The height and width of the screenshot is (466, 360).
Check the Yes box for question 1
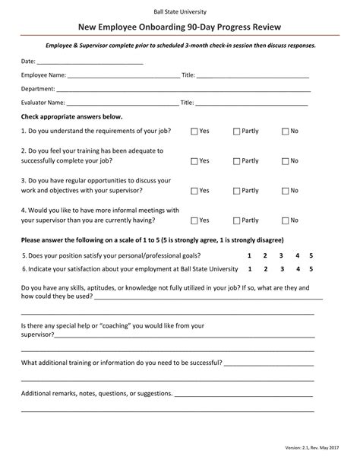194,132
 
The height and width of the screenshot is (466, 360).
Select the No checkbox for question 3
286,191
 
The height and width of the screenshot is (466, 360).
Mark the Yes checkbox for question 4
194,220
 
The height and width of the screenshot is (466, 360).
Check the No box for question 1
286,132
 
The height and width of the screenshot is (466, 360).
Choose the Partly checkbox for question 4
236,220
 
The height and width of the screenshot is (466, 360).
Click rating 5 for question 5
311,255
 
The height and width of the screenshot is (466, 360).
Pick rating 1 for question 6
250,268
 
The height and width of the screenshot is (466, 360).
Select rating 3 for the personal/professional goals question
281,255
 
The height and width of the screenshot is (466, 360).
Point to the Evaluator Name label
43,103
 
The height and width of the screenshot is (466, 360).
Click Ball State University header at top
180,11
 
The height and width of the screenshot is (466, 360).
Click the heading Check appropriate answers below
71,117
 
